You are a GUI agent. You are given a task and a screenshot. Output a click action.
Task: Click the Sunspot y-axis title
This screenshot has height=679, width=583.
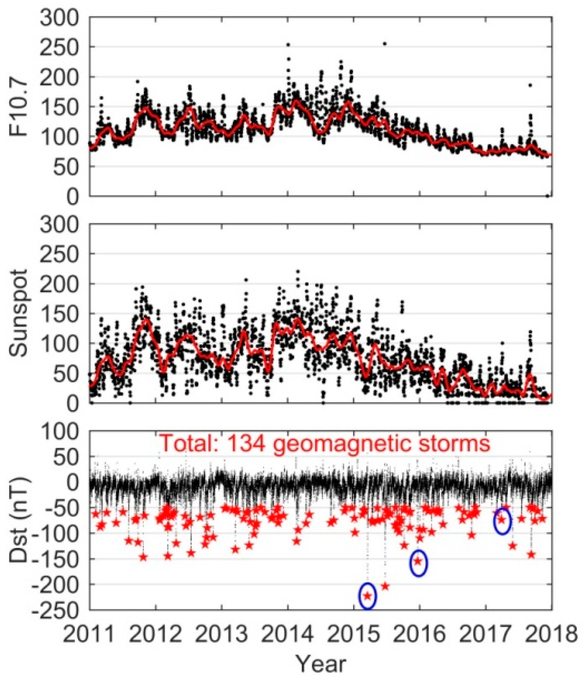19,313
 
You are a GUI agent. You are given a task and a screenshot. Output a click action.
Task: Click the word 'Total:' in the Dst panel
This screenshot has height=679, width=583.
190,443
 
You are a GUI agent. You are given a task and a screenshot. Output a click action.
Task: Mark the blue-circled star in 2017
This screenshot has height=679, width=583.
502,520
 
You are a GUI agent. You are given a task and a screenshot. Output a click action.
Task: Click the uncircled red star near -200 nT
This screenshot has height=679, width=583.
385,586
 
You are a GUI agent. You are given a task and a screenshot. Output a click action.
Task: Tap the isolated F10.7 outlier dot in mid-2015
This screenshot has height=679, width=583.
384,44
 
